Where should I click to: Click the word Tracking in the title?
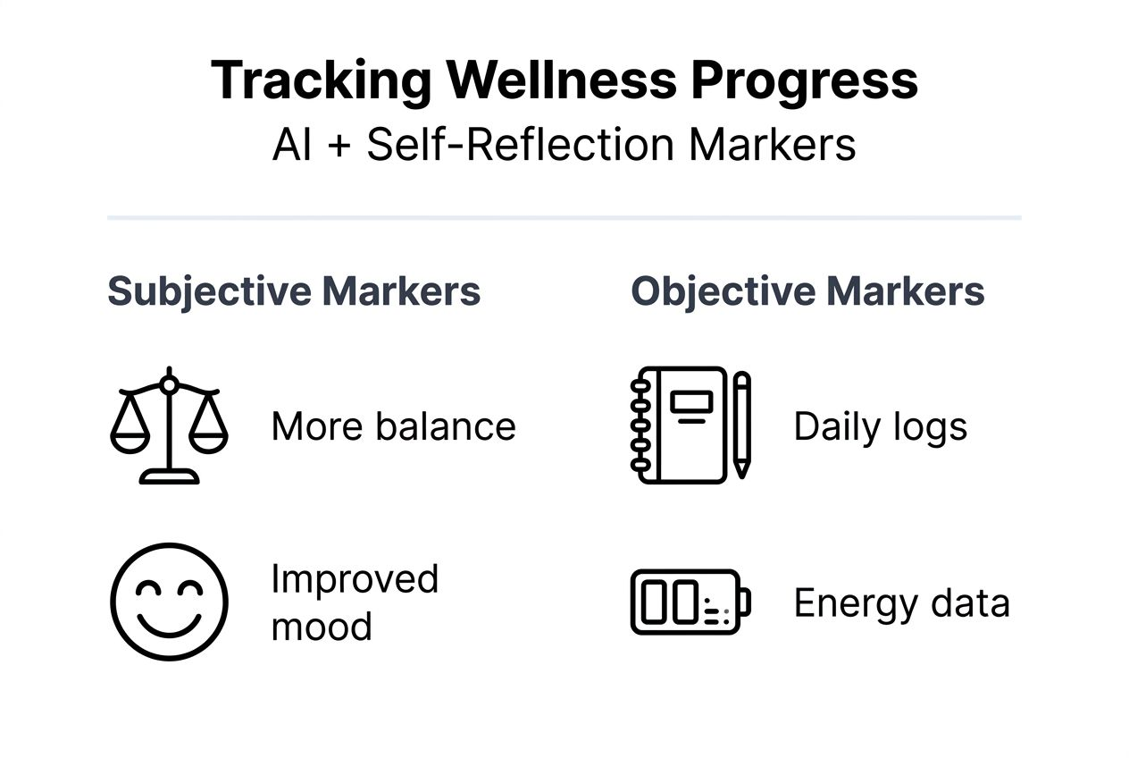click(x=321, y=82)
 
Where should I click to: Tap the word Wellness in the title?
click(x=562, y=82)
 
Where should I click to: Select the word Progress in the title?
click(x=805, y=82)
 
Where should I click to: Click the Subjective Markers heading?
click(x=294, y=291)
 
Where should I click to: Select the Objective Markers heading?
click(x=807, y=291)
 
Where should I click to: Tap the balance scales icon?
click(x=169, y=425)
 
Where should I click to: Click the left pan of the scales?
click(x=130, y=435)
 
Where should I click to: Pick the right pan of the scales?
click(x=208, y=435)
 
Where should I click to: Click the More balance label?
click(x=393, y=426)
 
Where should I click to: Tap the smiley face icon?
click(x=169, y=602)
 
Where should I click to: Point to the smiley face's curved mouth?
click(x=169, y=623)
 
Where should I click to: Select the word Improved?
click(x=355, y=579)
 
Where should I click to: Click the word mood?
click(x=322, y=626)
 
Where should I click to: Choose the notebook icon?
click(x=680, y=425)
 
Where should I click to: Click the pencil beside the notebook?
click(x=741, y=425)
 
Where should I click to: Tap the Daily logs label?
click(x=880, y=426)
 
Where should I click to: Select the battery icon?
click(x=690, y=602)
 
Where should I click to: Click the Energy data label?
click(x=901, y=603)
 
